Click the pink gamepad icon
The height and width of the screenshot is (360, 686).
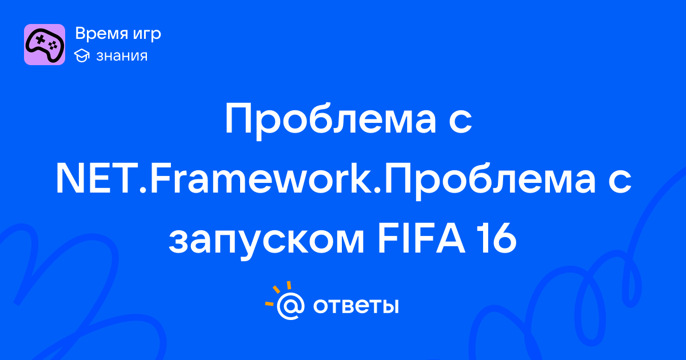coord(45,45)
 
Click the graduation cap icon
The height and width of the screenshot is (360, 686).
coord(82,55)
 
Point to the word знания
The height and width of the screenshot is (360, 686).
coord(122,56)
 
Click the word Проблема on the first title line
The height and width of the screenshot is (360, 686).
coord(330,121)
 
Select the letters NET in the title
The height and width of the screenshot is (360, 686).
coord(96,178)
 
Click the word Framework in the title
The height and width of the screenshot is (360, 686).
coord(260,178)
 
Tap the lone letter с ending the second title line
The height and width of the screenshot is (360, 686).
coord(620,182)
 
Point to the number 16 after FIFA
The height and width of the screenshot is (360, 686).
coord(497,238)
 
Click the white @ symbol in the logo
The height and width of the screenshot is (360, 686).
coord(290,306)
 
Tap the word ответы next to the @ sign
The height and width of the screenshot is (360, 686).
coord(356,306)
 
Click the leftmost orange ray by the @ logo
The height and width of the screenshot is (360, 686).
coord(269,303)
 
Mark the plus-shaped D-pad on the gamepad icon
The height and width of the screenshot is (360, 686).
coord(40,39)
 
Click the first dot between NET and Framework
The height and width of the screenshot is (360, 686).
coord(143,190)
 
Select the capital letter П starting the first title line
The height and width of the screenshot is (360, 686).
coord(239,118)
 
